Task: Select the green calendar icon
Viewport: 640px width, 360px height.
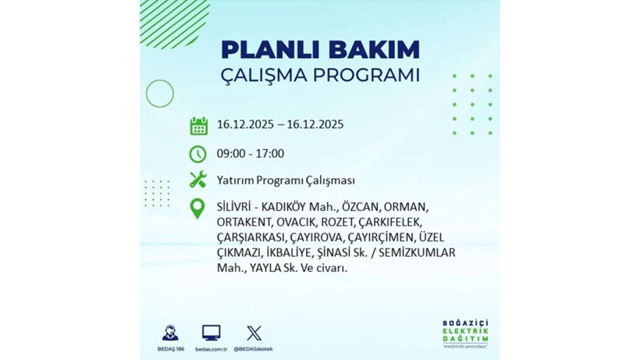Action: pyautogui.click(x=198, y=125)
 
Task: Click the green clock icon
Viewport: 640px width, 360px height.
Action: pyautogui.click(x=198, y=153)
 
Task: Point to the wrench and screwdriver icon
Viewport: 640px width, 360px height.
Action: pyautogui.click(x=198, y=180)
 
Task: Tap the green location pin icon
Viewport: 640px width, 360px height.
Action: pyautogui.click(x=198, y=209)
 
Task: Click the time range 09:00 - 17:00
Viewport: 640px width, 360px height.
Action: pyautogui.click(x=251, y=153)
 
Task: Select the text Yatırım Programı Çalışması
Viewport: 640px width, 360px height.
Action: pyautogui.click(x=286, y=180)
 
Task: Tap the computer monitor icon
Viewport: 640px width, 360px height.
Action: pyautogui.click(x=211, y=333)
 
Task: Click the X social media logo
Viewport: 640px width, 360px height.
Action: pyautogui.click(x=254, y=333)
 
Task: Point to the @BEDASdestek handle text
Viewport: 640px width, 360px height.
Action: pyautogui.click(x=254, y=348)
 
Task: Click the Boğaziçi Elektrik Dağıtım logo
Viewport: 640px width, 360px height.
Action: pyautogui.click(x=467, y=334)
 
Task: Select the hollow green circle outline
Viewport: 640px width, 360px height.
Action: pyautogui.click(x=159, y=94)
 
